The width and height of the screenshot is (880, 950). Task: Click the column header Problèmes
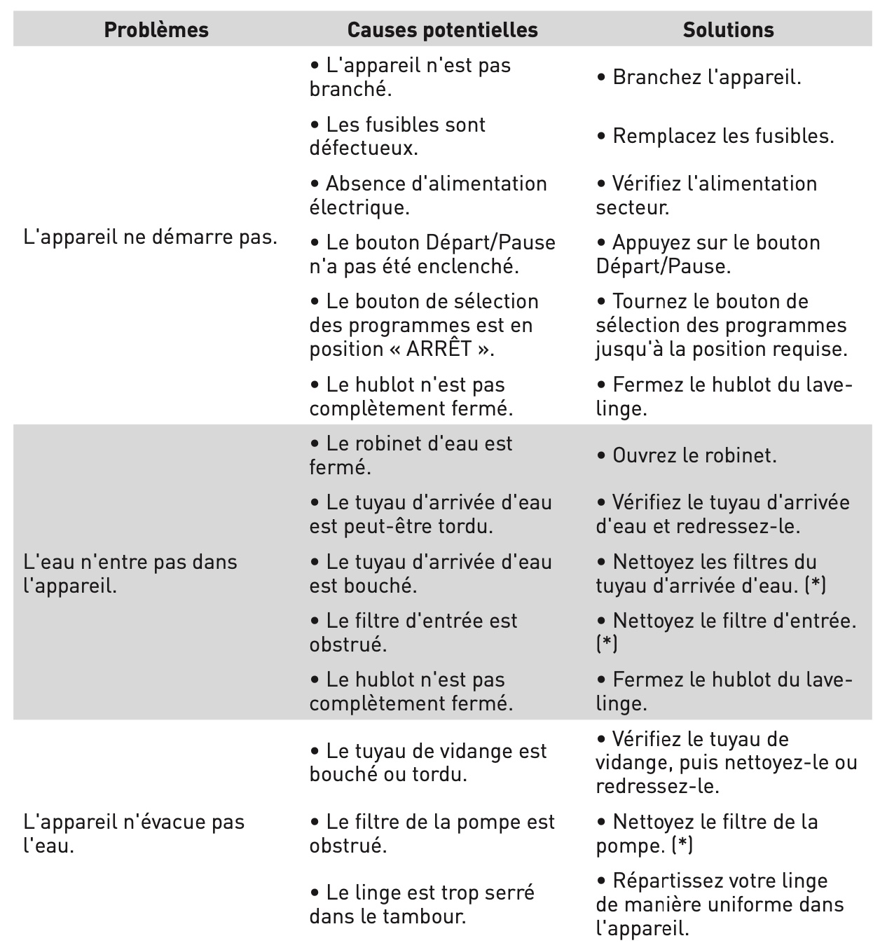tap(156, 30)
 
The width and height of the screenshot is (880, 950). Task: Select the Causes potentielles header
tap(442, 30)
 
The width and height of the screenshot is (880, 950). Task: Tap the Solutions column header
tap(728, 30)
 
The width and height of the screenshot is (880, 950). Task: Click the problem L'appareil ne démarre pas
tap(150, 237)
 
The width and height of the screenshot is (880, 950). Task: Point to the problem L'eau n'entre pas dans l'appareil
tap(130, 573)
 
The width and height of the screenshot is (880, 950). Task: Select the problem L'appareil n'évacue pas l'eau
tap(134, 833)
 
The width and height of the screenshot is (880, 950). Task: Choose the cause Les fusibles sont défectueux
tap(398, 136)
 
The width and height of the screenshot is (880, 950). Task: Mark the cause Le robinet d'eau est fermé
tap(411, 455)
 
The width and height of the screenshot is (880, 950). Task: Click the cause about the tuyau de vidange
tap(428, 763)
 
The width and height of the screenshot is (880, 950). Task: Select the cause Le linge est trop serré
tap(422, 904)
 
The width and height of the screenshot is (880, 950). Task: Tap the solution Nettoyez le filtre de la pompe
tap(707, 833)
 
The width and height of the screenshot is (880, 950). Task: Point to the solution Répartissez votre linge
tap(720, 904)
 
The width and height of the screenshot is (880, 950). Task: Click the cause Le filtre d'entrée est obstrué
tap(413, 632)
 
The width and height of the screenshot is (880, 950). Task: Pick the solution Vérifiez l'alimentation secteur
tap(706, 195)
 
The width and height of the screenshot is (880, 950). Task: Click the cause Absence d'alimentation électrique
tap(428, 195)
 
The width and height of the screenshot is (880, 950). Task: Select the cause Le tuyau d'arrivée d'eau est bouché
tap(430, 573)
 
